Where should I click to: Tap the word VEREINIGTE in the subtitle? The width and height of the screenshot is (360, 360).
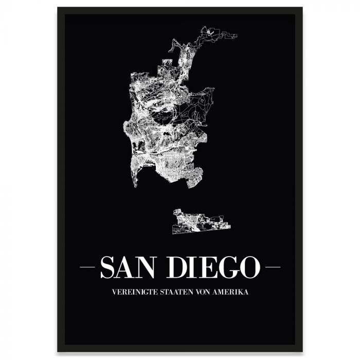[x=131, y=292]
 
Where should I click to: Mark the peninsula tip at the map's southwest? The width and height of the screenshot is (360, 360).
[x=135, y=186]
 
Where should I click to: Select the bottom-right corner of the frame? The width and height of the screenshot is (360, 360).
[x=301, y=351]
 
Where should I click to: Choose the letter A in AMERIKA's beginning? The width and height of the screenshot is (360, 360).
[x=218, y=292]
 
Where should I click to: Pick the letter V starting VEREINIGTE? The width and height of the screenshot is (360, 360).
[x=113, y=292]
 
